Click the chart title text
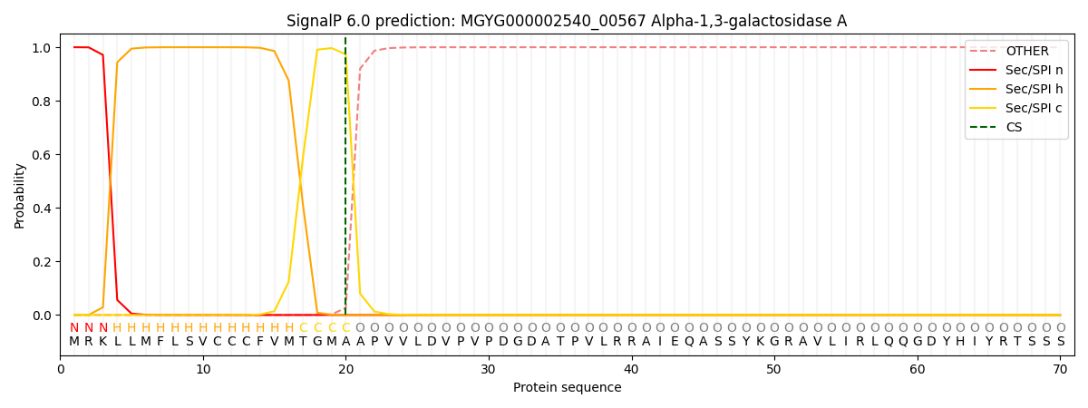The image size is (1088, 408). pos(567,21)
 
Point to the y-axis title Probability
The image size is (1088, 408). pos(19,195)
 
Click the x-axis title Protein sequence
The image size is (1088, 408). pos(567,388)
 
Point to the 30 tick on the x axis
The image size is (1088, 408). pos(489,369)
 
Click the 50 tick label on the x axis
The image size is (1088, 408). pos(774,369)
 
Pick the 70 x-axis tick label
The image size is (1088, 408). pos(1060,369)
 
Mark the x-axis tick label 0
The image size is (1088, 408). pos(61,369)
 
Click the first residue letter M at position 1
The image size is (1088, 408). pos(74,342)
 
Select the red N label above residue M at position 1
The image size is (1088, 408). pos(74,327)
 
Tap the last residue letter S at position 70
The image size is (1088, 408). pos(1060,342)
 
